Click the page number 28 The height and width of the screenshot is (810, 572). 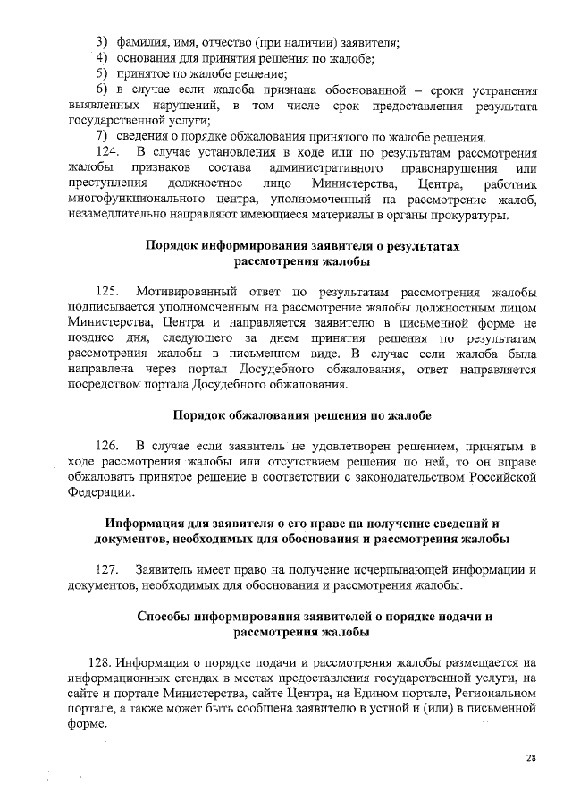tap(530, 758)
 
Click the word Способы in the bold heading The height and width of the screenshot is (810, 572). tap(169, 616)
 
